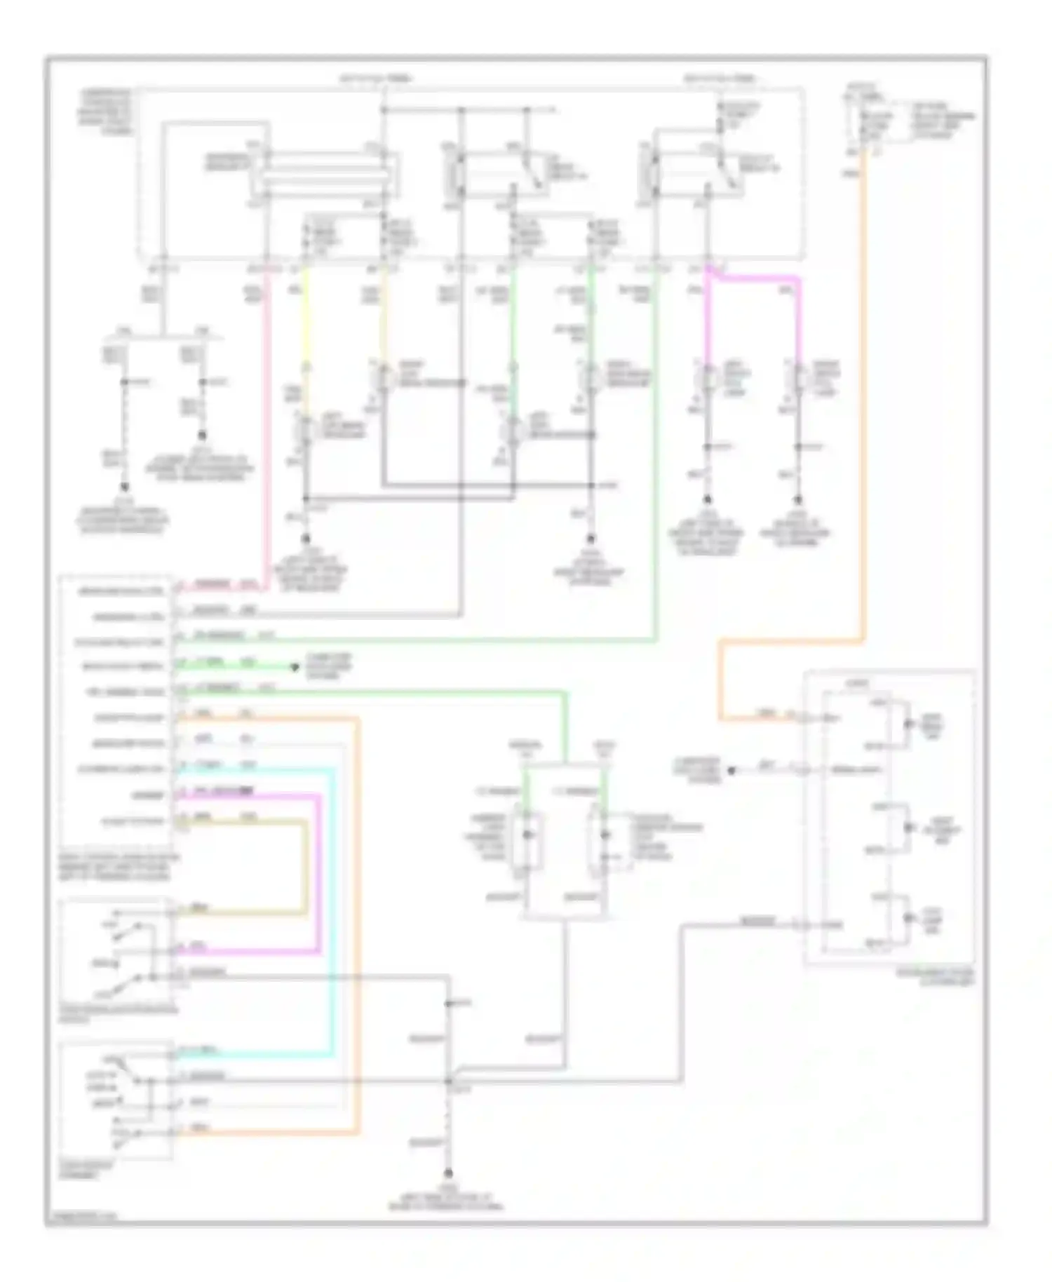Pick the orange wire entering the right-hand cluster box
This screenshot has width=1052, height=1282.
click(x=757, y=718)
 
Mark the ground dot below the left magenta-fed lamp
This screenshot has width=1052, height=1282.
click(x=707, y=500)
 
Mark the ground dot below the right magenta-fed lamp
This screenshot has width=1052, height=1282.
click(x=797, y=500)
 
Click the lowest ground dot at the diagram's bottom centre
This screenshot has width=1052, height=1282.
click(x=448, y=1173)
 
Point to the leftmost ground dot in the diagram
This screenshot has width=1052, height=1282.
click(x=125, y=487)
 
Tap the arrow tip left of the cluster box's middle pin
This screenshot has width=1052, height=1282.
click(x=731, y=770)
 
